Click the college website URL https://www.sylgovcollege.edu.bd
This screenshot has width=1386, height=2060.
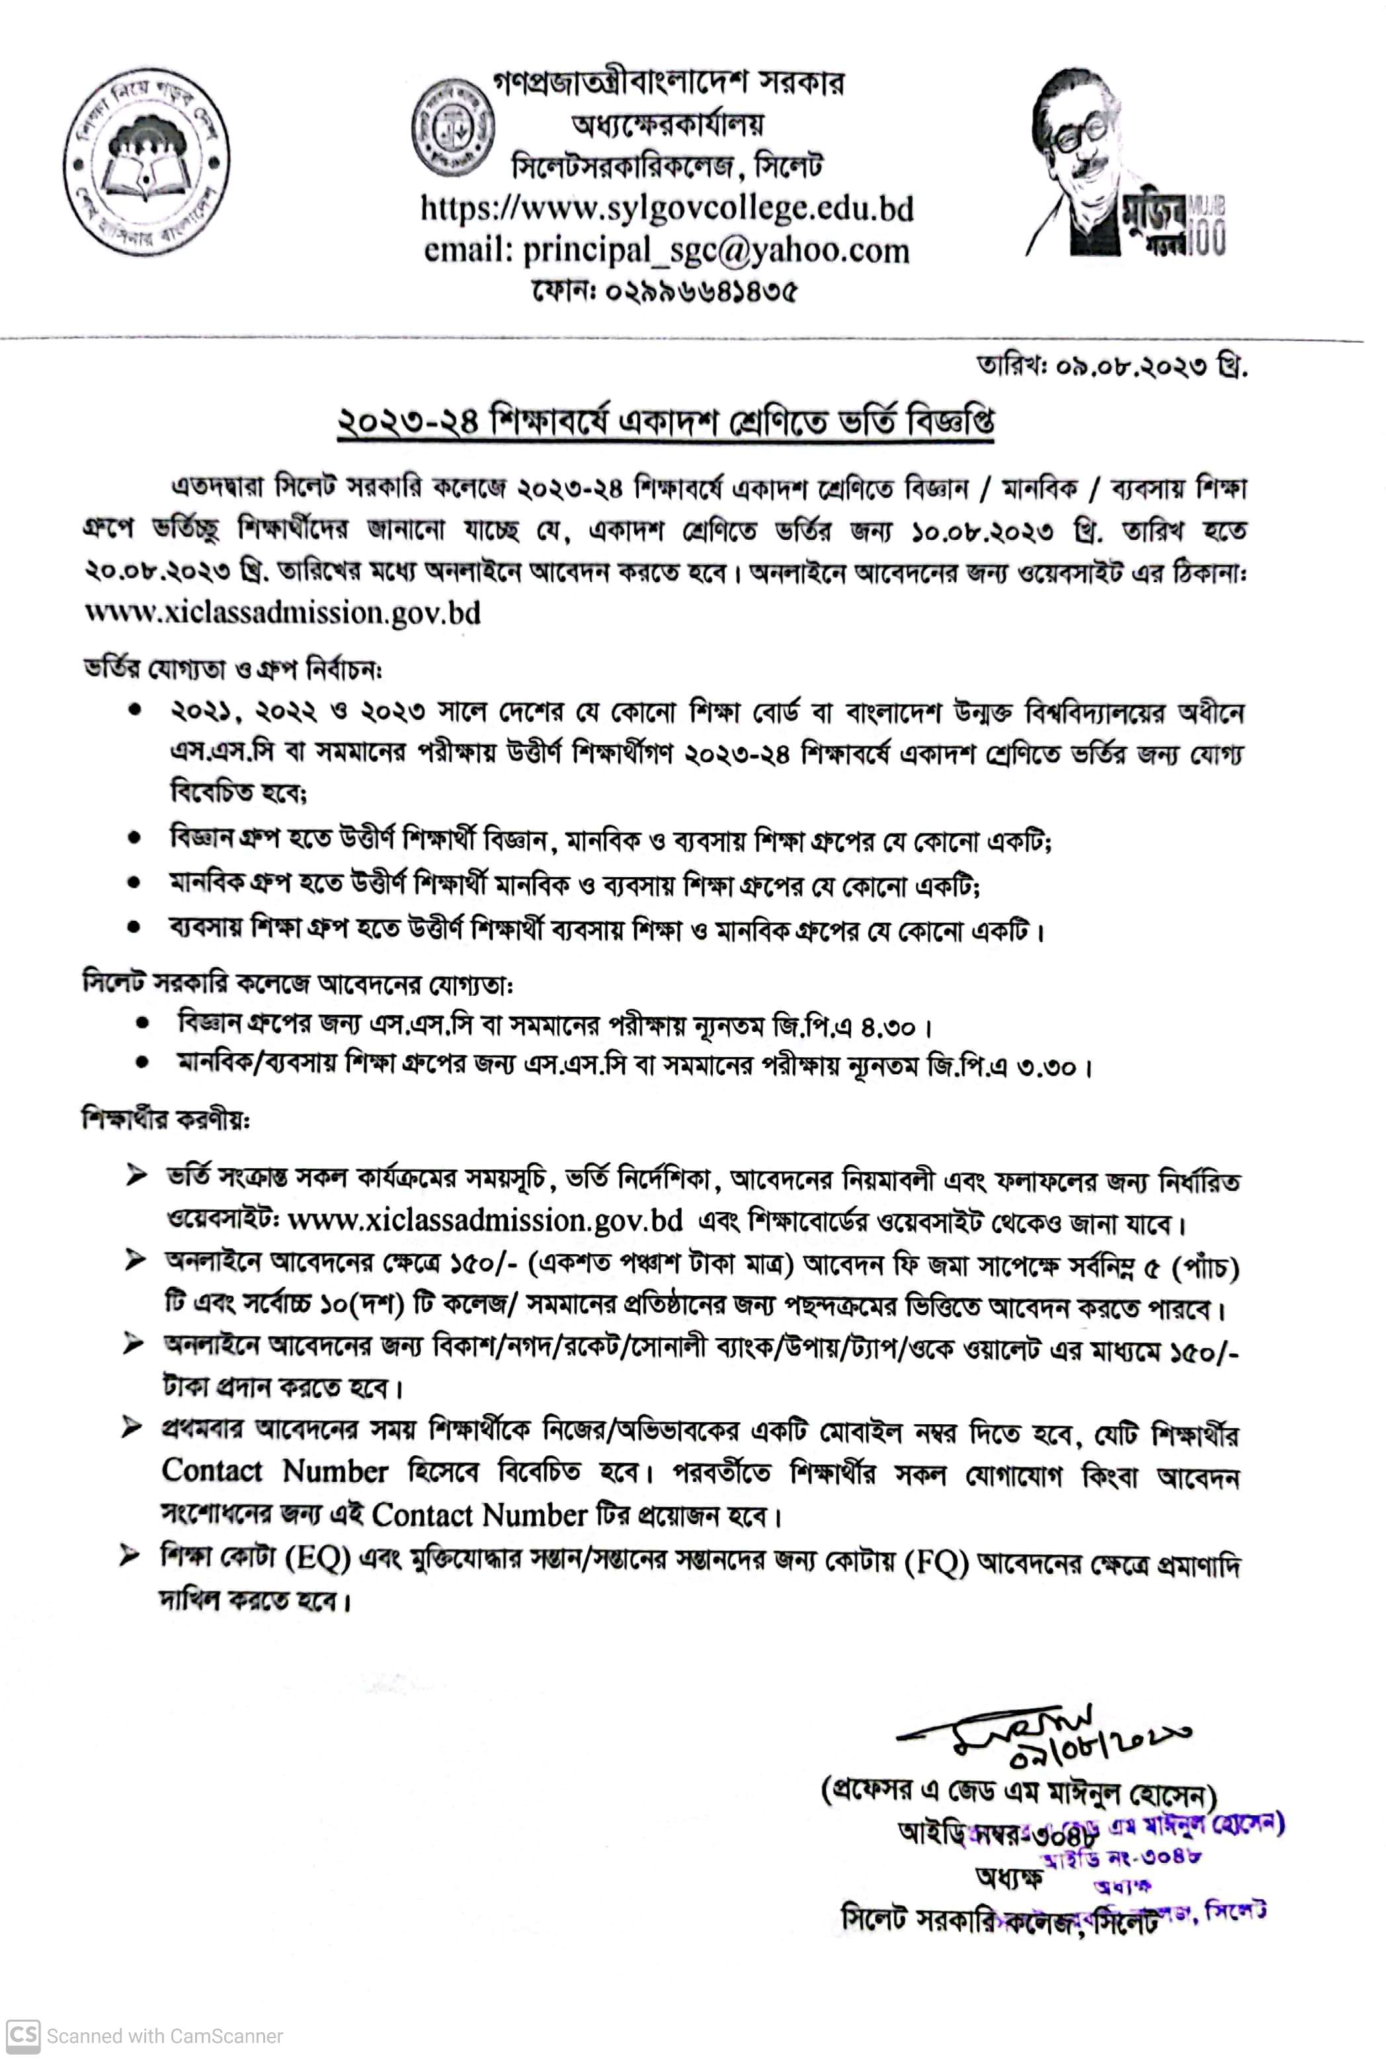click(x=667, y=208)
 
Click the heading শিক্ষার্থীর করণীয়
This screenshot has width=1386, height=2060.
click(x=165, y=1119)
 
